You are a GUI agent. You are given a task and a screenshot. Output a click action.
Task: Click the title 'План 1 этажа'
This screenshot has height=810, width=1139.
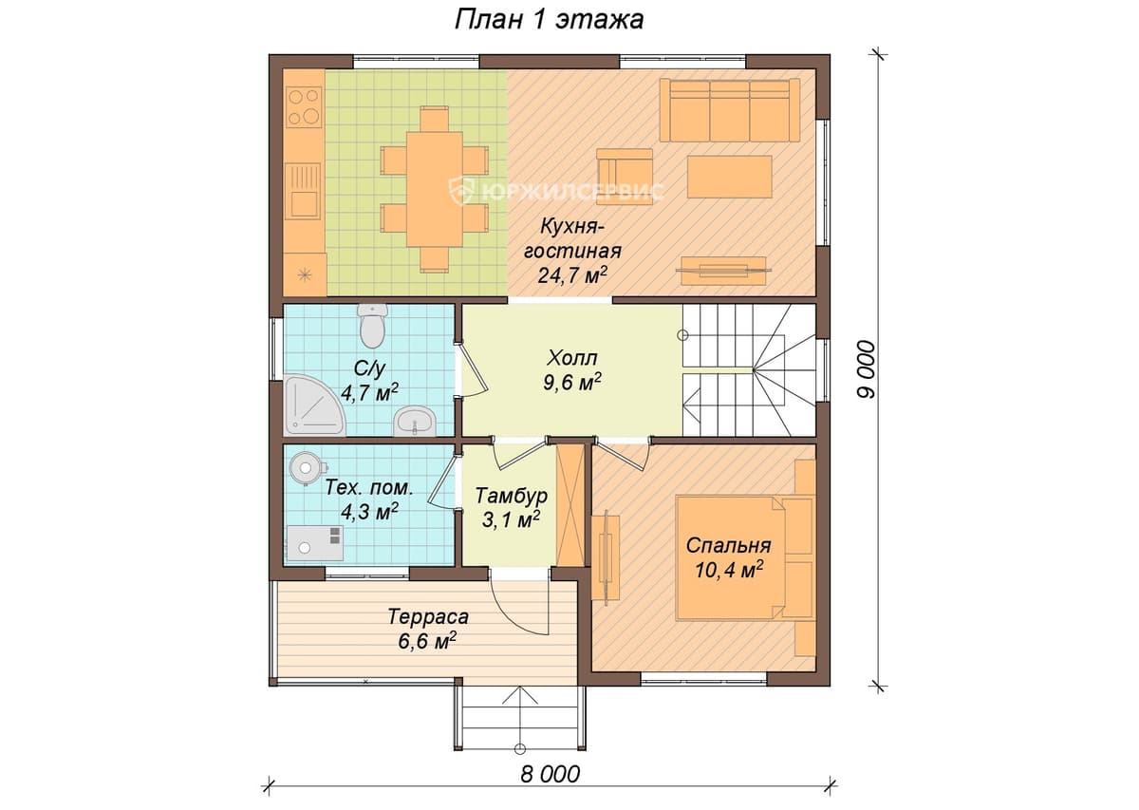pyautogui.click(x=550, y=20)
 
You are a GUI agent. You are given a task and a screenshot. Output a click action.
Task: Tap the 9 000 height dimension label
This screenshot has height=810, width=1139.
pyautogui.click(x=867, y=369)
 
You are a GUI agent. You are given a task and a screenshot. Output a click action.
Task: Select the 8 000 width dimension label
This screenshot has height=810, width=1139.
pyautogui.click(x=550, y=774)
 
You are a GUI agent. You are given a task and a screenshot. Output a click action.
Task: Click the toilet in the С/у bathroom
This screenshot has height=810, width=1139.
pyautogui.click(x=373, y=326)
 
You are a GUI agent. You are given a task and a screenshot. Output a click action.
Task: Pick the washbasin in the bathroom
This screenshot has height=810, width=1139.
pyautogui.click(x=415, y=421)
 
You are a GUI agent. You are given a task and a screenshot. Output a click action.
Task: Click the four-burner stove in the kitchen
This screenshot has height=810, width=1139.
pyautogui.click(x=304, y=107)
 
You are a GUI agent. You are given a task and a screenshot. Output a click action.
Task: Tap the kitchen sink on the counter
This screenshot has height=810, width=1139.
pyautogui.click(x=303, y=191)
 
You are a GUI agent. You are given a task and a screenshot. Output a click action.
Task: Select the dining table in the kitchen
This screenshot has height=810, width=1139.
pyautogui.click(x=435, y=189)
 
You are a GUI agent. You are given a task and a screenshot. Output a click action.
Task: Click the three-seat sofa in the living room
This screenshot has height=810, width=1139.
pyautogui.click(x=730, y=110)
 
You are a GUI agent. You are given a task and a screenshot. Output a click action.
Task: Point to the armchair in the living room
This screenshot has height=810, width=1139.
pyautogui.click(x=625, y=176)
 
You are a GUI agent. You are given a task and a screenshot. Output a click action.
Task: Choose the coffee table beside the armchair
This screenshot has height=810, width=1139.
pyautogui.click(x=730, y=177)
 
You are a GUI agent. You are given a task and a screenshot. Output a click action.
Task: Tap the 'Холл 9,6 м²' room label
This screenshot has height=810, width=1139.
pyautogui.click(x=572, y=370)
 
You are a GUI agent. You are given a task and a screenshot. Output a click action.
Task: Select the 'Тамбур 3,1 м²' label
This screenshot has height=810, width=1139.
pyautogui.click(x=511, y=508)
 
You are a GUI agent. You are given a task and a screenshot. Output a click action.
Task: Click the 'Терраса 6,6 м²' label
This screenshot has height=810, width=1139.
pyautogui.click(x=428, y=630)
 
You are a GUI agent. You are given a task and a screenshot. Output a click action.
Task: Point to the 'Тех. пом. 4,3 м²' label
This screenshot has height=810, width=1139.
pyautogui.click(x=369, y=499)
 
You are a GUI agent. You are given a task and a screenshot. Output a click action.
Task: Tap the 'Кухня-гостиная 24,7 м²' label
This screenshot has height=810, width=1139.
pyautogui.click(x=572, y=251)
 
